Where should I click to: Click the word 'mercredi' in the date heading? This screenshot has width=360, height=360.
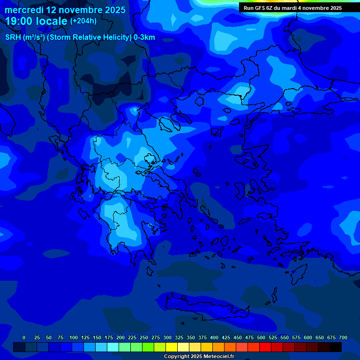[24, 10]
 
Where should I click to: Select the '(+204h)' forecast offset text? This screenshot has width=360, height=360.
[83, 21]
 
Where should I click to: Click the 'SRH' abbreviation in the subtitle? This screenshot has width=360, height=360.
[13, 37]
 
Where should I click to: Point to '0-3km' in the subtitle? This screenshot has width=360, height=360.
[144, 37]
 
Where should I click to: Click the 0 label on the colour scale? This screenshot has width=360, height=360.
[24, 337]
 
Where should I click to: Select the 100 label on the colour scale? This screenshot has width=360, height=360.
[74, 337]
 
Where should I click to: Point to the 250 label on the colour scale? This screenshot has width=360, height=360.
[144, 337]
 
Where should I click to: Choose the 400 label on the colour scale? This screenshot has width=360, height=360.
[214, 337]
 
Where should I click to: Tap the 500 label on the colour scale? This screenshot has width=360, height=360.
[261, 337]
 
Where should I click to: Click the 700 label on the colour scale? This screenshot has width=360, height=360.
[343, 337]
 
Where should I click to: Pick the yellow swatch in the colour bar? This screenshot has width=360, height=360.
[172, 347]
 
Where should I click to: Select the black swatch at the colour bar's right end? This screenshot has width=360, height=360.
[336, 347]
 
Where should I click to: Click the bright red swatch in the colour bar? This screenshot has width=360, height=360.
[265, 347]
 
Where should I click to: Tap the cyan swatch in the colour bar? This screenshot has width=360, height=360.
[113, 347]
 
